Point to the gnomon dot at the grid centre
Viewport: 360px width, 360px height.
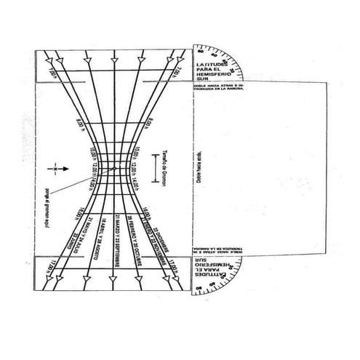(x=110, y=169)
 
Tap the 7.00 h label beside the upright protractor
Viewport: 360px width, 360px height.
(x=177, y=71)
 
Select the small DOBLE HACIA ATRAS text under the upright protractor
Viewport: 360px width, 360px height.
(x=218, y=88)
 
